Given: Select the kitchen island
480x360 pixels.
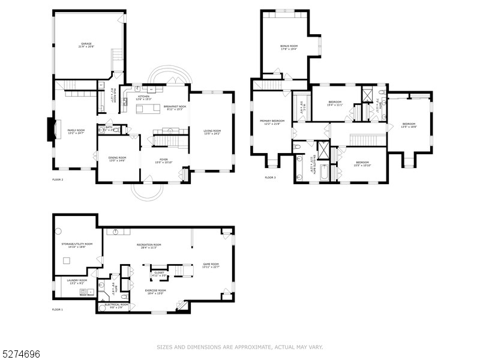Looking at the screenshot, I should point(148,109).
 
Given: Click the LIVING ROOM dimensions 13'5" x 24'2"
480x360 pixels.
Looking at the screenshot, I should point(212,134).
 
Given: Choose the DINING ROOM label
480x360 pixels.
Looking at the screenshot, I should point(117,157).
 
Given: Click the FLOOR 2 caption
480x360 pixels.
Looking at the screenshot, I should point(58,179).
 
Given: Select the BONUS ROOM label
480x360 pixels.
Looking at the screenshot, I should point(289,46).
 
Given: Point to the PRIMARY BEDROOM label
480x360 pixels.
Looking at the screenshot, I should point(272,121).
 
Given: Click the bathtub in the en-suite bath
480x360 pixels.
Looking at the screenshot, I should point(324,173).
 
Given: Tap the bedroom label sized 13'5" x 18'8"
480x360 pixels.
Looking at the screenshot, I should point(409,124).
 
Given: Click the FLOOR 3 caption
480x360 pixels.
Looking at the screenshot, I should point(270,178).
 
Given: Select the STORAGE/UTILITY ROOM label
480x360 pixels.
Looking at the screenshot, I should point(77,244).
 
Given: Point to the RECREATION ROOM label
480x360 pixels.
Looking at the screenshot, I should point(149,245).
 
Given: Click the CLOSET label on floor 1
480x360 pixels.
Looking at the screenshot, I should point(159,272).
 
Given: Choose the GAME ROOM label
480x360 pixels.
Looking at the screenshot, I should point(211,264).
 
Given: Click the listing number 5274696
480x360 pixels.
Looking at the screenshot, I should point(21,355).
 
